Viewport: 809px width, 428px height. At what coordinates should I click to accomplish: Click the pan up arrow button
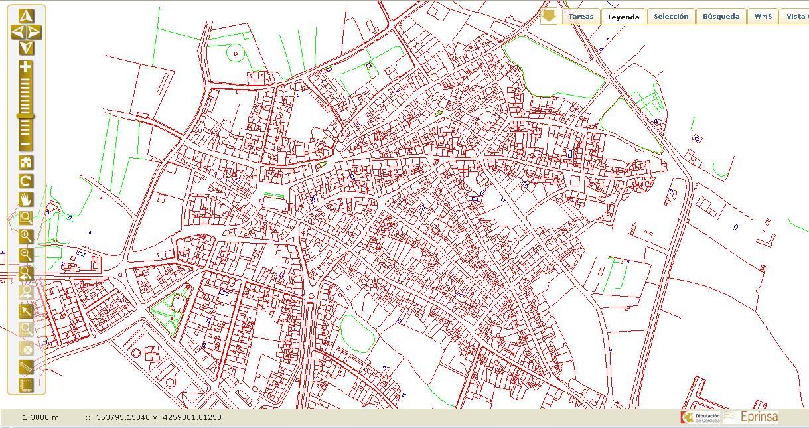(26, 16)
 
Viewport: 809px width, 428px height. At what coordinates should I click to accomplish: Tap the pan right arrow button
(35, 32)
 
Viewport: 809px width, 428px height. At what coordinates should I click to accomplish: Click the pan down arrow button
(26, 47)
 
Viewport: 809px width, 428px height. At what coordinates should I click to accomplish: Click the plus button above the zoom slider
(25, 67)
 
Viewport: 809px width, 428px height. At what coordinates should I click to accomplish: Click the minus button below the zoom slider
(25, 144)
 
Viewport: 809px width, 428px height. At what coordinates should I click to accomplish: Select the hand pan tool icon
(26, 199)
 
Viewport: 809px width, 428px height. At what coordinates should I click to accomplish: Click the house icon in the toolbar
(26, 163)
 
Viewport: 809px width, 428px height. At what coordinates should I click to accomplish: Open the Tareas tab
(581, 17)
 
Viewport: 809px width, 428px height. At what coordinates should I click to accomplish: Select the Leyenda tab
(623, 17)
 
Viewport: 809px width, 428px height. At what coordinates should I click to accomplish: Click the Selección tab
(670, 17)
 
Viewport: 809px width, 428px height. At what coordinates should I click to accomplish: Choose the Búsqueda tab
(721, 17)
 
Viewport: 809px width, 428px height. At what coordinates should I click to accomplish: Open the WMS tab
(763, 17)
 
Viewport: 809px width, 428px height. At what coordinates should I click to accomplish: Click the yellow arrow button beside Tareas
(548, 16)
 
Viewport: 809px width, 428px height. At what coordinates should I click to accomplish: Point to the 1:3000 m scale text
(40, 417)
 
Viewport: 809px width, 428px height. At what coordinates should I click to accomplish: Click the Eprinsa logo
(751, 417)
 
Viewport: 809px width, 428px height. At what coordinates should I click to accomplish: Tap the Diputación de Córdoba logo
(699, 417)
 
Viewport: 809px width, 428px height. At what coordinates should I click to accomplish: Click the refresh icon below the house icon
(26, 181)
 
